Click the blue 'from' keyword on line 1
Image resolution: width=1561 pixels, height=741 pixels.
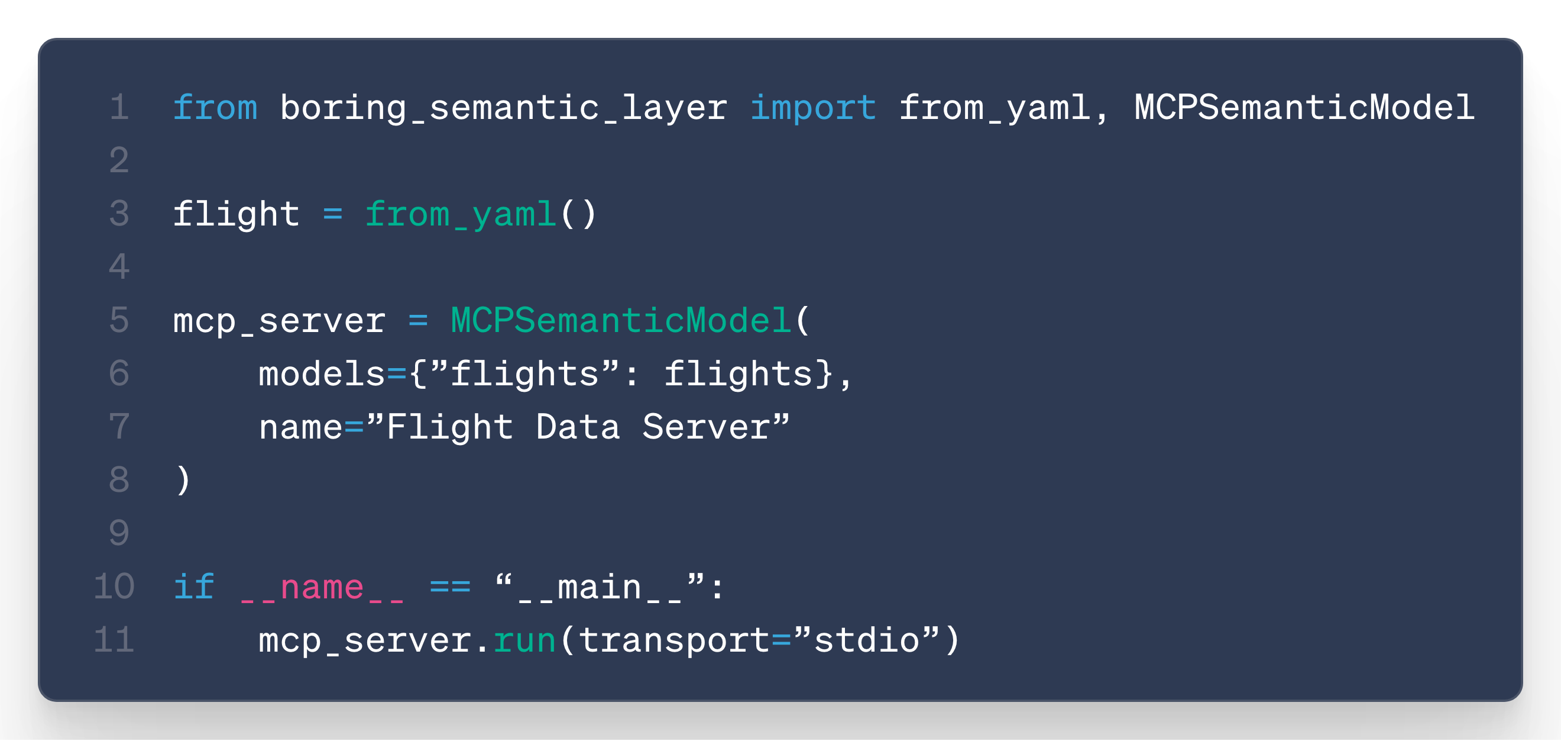[215, 108]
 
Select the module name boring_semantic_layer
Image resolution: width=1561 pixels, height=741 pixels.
[503, 108]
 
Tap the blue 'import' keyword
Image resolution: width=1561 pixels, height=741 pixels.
[812, 108]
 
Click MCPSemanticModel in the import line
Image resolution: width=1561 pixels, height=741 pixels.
[1304, 108]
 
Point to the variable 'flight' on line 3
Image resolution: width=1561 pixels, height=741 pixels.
[237, 215]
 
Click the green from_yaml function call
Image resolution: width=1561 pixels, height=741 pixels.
[461, 215]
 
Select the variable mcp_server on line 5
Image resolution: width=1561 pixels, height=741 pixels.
[278, 321]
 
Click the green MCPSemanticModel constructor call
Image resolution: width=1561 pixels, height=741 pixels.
[620, 321]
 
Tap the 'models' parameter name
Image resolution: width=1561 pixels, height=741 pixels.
[321, 374]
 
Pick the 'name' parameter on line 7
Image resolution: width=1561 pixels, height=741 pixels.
[300, 427]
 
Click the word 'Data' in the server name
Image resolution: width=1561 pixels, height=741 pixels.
[578, 427]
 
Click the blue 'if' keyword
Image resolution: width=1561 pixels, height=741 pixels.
[194, 587]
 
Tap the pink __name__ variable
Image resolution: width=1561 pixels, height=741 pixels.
[321, 587]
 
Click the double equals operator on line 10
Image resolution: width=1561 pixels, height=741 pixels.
[449, 587]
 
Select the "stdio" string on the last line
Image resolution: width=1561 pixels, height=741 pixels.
[867, 640]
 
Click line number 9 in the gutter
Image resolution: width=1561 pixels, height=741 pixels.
[119, 534]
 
